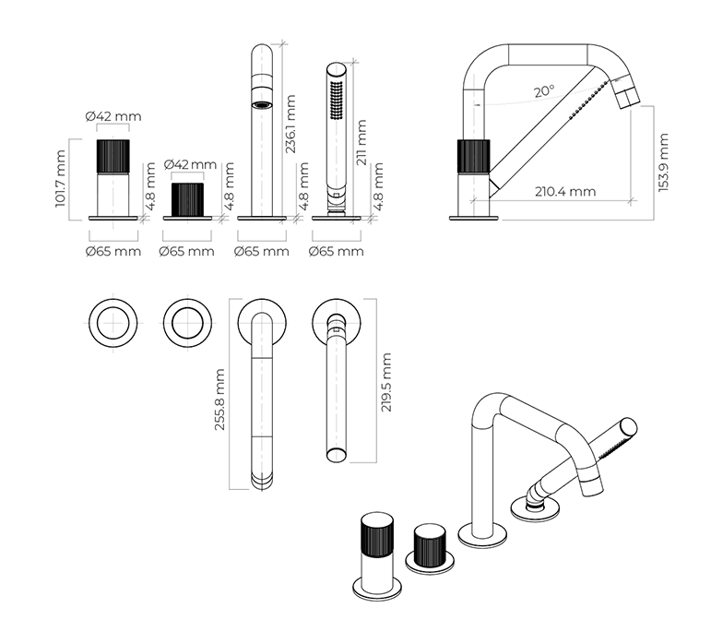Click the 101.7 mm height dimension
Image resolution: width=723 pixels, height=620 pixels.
(62, 180)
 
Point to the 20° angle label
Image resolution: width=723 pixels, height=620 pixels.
(544, 91)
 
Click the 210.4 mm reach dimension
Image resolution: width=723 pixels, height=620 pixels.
(564, 192)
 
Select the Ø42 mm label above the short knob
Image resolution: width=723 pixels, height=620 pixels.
(190, 164)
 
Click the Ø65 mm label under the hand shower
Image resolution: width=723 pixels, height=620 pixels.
(336, 251)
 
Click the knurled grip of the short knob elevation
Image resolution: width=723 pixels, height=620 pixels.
(189, 197)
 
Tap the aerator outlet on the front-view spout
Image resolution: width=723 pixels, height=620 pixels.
(264, 104)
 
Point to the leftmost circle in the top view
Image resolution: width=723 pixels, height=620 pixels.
(113, 322)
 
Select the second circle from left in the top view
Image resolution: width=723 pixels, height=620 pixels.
(187, 322)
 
